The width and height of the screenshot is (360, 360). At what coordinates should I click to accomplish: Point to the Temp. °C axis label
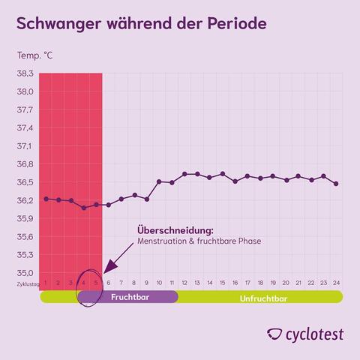pyautogui.click(x=35, y=56)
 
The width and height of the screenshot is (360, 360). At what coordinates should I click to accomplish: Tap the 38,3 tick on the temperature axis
pyautogui.click(x=25, y=73)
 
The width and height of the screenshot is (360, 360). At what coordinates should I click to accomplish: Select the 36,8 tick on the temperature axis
pyautogui.click(x=25, y=164)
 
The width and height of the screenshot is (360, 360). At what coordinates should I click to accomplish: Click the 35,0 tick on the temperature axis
pyautogui.click(x=25, y=274)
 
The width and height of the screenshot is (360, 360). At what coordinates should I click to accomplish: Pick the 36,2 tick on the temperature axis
pyautogui.click(x=25, y=200)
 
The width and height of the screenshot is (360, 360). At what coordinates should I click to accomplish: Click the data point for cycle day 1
pyautogui.click(x=46, y=199)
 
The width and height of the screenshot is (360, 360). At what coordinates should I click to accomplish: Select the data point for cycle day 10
pyautogui.click(x=159, y=181)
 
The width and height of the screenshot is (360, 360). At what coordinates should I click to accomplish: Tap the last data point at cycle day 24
pyautogui.click(x=336, y=184)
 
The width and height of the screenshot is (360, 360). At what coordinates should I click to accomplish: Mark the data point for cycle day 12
pyautogui.click(x=184, y=174)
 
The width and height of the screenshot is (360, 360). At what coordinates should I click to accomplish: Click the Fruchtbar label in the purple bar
pyautogui.click(x=128, y=297)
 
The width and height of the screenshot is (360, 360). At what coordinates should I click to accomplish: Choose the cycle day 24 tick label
pyautogui.click(x=336, y=283)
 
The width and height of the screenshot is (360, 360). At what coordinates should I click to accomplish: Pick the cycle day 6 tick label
pyautogui.click(x=109, y=283)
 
